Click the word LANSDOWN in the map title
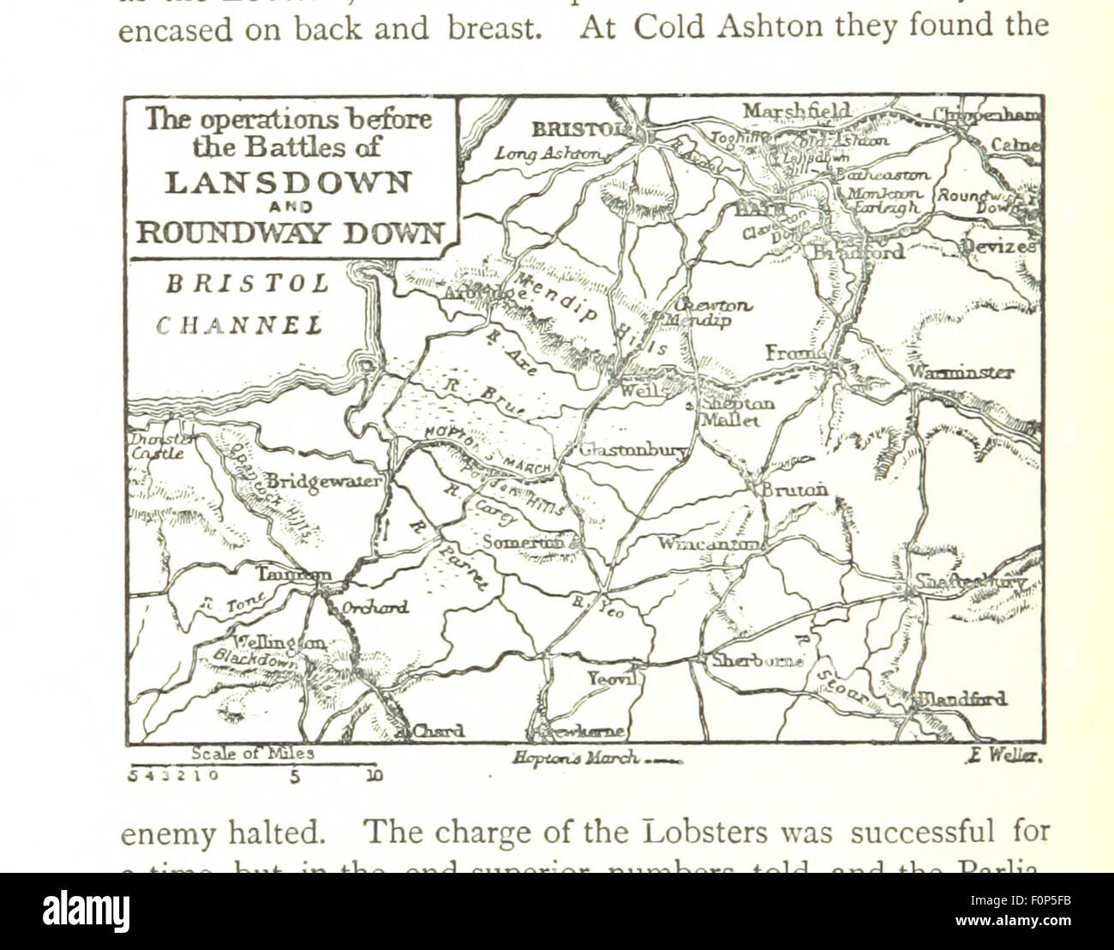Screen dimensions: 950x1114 [288, 183]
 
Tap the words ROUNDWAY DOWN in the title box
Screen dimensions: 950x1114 [288, 232]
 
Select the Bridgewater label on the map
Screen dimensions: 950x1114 [322, 481]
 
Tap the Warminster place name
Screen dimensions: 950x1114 [961, 372]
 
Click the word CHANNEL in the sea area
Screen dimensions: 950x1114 [239, 326]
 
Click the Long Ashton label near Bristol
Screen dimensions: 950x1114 [548, 153]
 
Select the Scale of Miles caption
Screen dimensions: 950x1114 [253, 754]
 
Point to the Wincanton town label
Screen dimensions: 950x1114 [708, 544]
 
